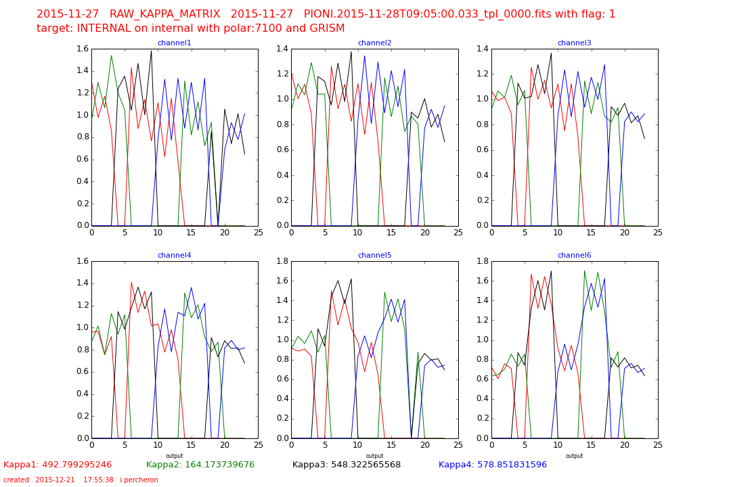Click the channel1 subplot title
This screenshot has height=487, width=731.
tap(174, 43)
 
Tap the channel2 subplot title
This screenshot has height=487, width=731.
tap(374, 43)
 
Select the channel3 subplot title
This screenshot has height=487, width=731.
tap(574, 43)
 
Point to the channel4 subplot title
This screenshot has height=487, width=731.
tap(174, 256)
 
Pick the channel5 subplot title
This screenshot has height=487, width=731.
tap(374, 256)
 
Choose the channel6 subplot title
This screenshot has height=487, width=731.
tap(574, 256)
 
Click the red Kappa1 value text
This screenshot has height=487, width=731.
tap(58, 465)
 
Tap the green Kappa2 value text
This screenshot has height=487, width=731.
tap(200, 465)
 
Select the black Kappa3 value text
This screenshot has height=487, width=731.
tap(347, 465)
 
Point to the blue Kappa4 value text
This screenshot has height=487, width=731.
tap(493, 465)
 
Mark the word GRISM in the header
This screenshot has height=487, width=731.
tap(326, 28)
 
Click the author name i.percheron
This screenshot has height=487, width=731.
tap(139, 480)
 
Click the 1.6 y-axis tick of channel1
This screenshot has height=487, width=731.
tap(81, 49)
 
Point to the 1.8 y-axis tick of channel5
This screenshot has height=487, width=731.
tap(281, 261)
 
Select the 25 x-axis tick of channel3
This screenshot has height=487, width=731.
tap(657, 233)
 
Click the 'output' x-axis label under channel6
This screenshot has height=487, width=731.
tap(574, 456)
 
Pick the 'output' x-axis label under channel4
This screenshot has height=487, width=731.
tap(174, 456)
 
